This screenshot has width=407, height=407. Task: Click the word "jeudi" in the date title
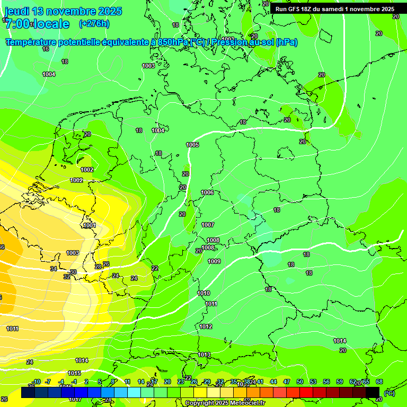tap(17, 11)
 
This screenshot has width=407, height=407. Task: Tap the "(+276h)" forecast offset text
tap(94, 23)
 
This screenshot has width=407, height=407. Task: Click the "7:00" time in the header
tap(17, 24)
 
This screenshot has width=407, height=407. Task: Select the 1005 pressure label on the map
tap(192, 145)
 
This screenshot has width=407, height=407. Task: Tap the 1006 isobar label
tap(208, 192)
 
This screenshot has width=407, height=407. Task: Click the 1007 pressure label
tap(208, 225)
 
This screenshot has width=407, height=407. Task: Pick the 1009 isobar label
tap(214, 261)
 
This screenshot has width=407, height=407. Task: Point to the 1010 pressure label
tap(203, 293)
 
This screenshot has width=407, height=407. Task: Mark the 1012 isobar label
tap(206, 326)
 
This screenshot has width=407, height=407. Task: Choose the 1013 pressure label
tap(204, 355)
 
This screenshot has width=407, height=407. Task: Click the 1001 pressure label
tap(90, 226)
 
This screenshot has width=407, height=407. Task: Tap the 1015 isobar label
tap(74, 373)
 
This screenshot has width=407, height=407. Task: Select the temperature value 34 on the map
tap(54, 269)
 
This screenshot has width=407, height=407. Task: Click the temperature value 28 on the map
tap(98, 267)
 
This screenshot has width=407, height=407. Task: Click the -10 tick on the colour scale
tap(36, 382)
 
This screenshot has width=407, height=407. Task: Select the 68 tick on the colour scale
tap(379, 382)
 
